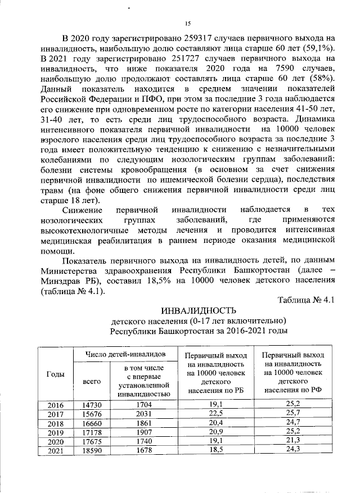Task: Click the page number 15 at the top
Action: pyautogui.click(x=188, y=23)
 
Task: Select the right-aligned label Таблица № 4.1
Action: pyautogui.click(x=307, y=300)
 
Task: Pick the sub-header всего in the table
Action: pyautogui.click(x=92, y=381)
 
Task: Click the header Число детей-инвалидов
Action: pyautogui.click(x=125, y=354)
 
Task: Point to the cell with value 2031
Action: pyautogui.click(x=145, y=413)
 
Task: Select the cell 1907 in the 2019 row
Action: pyautogui.click(x=145, y=432)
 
